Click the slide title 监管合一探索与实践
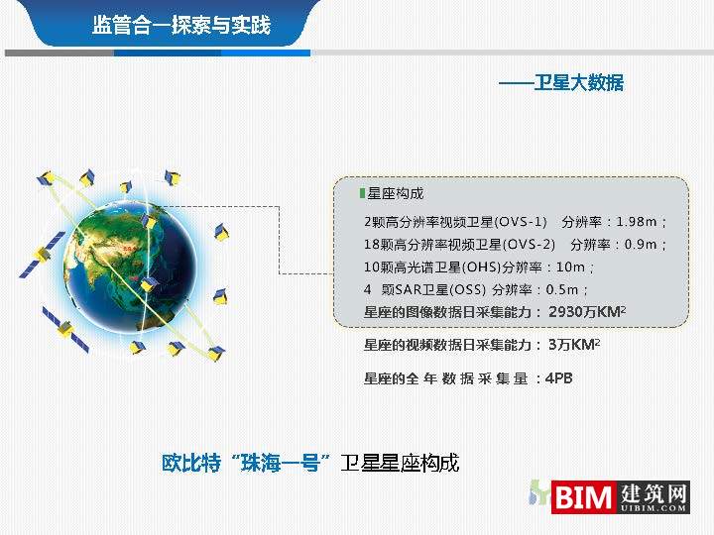click(180, 25)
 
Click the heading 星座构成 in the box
click(396, 193)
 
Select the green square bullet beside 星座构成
click(362, 193)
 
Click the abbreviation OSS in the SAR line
click(466, 290)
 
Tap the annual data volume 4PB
click(559, 378)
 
